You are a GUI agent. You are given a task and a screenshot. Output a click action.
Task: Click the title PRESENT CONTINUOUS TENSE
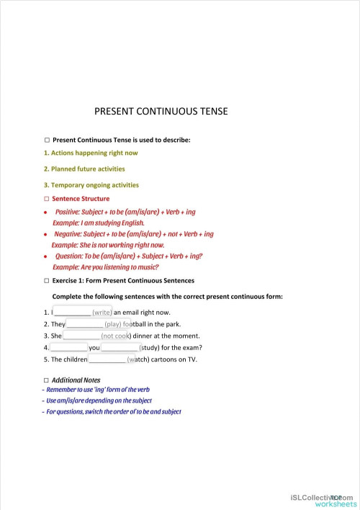[161, 112]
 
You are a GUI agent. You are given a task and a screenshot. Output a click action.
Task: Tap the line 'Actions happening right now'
[92, 153]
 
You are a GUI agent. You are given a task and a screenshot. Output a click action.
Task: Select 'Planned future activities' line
[86, 169]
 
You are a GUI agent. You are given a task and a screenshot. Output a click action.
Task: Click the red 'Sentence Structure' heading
[81, 199]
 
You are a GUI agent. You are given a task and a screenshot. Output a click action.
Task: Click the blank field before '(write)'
[73, 312]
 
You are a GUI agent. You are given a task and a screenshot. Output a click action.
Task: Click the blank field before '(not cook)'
[81, 336]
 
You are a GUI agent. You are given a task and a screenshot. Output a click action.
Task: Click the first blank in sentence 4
[68, 347]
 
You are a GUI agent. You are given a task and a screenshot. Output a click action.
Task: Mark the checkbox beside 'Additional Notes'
[46, 380]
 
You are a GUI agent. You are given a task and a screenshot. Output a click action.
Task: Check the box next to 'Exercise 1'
[46, 280]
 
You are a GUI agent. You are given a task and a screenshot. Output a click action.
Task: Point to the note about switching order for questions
[113, 411]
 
